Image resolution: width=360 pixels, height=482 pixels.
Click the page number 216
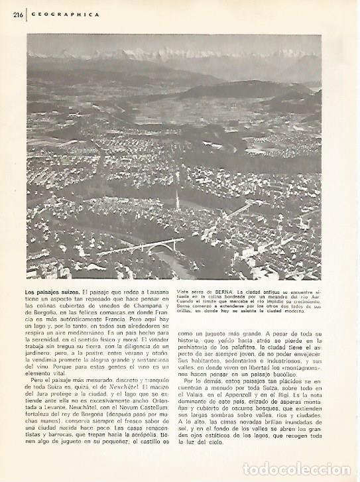(9, 13)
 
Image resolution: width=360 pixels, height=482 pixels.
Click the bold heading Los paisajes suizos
(53, 292)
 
